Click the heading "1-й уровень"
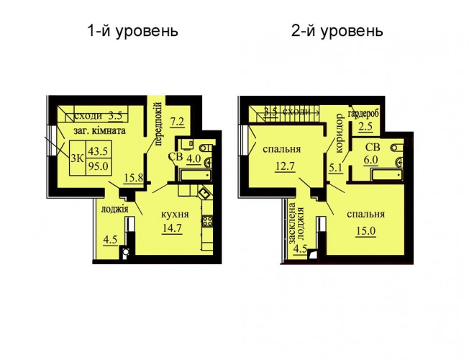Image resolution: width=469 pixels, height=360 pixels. pyautogui.click(x=133, y=31)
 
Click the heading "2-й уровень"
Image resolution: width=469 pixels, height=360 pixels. pyautogui.click(x=337, y=31)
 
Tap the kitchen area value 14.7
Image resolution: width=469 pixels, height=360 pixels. pyautogui.click(x=172, y=228)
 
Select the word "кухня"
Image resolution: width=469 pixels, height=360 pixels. pyautogui.click(x=175, y=215)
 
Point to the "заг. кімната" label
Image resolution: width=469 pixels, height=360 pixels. pyautogui.click(x=99, y=131)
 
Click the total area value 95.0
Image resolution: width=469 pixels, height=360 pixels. pyautogui.click(x=98, y=166)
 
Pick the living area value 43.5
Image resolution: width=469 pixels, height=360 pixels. pyautogui.click(x=98, y=151)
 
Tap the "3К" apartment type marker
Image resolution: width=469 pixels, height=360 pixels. pyautogui.click(x=77, y=158)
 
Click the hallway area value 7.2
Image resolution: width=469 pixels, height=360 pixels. pyautogui.click(x=177, y=123)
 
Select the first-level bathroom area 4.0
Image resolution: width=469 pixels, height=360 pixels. pyautogui.click(x=193, y=158)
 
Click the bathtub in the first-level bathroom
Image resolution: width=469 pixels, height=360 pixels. pyautogui.click(x=196, y=175)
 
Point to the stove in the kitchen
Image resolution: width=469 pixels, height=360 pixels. pyautogui.click(x=208, y=222)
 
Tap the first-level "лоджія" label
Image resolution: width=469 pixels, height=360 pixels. pyautogui.click(x=115, y=209)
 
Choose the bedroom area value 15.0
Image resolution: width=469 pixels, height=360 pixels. pyautogui.click(x=365, y=231)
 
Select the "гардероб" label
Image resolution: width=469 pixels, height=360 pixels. pyautogui.click(x=363, y=114)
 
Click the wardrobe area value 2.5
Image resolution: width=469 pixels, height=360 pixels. pyautogui.click(x=365, y=127)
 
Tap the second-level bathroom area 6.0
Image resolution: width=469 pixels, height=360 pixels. pyautogui.click(x=371, y=161)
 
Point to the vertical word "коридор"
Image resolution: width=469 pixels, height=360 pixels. pyautogui.click(x=340, y=133)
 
